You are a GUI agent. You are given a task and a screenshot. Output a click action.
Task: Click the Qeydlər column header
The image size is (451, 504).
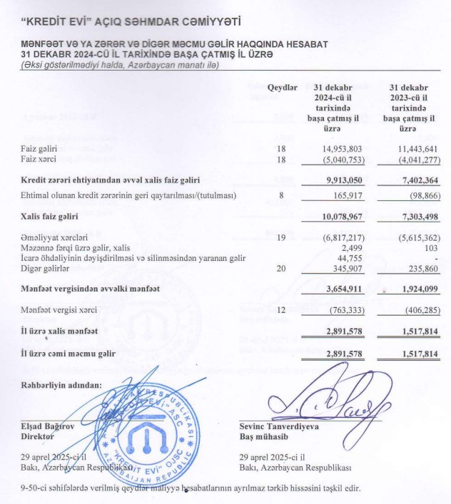[282, 87]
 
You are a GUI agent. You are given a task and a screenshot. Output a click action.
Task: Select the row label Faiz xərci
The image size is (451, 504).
[39, 159]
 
